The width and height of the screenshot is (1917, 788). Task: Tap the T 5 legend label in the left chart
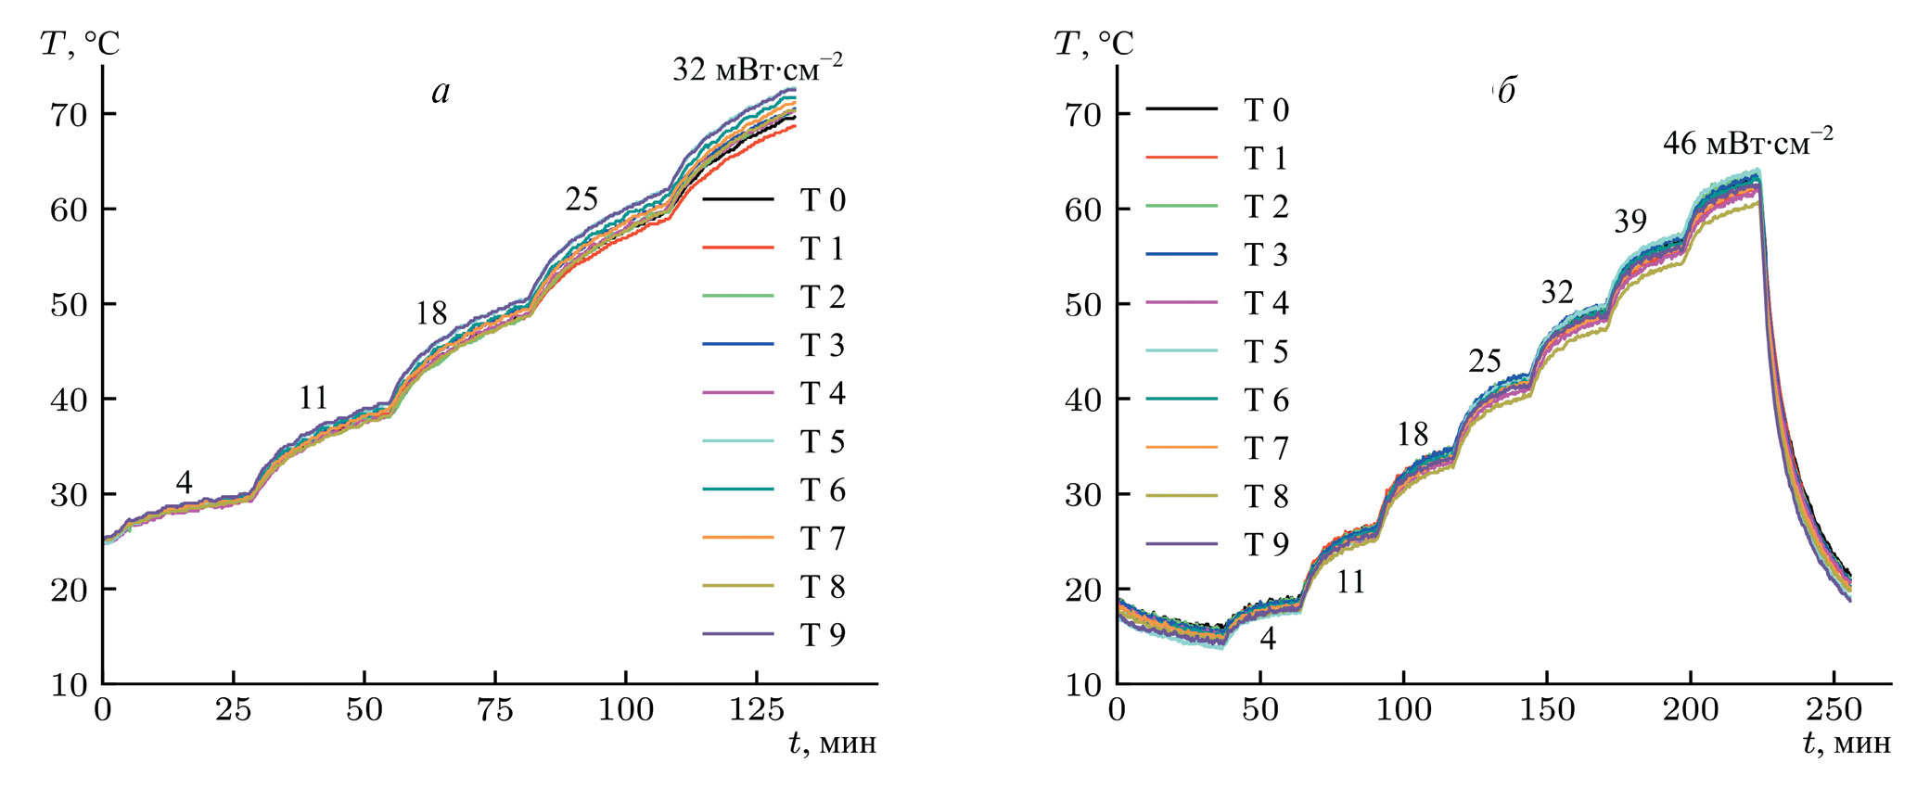pos(823,442)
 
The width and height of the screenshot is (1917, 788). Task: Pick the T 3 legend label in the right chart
pos(1266,255)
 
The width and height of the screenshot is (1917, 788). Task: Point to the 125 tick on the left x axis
pos(757,711)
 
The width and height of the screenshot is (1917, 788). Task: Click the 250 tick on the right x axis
pos(1834,711)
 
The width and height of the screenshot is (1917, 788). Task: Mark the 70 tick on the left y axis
pos(70,115)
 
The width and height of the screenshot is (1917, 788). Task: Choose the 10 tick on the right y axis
pos(1084,685)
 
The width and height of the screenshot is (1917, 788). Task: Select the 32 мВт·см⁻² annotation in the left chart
pos(758,69)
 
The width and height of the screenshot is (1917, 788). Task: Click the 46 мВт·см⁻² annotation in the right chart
pos(1747,143)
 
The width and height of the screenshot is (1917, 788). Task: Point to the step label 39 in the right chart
pos(1630,222)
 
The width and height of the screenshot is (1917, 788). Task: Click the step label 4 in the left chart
pos(184,483)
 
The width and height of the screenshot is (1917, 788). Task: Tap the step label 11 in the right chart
pos(1350,582)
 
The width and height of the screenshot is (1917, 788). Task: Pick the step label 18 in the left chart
pos(431,314)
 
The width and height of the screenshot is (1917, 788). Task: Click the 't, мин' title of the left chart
pos(832,744)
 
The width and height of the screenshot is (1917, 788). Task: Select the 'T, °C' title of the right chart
pos(1094,43)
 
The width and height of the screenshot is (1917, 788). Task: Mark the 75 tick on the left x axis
pos(495,711)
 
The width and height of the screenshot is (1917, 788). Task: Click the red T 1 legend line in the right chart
pos(1181,159)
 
